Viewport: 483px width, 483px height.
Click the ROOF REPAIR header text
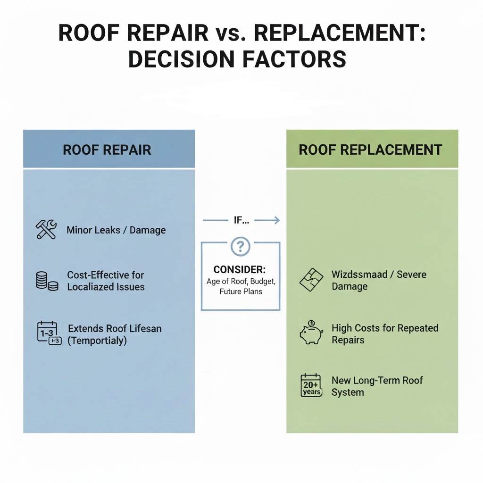pyautogui.click(x=107, y=150)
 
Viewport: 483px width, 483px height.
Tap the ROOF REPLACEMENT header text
pyautogui.click(x=371, y=150)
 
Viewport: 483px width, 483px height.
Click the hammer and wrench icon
pyautogui.click(x=46, y=230)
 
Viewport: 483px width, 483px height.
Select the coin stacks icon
pyautogui.click(x=47, y=281)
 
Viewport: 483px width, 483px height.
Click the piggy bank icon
pyautogui.click(x=311, y=333)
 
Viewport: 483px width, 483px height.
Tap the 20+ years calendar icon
pyautogui.click(x=310, y=385)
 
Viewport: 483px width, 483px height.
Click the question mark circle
pyautogui.click(x=240, y=246)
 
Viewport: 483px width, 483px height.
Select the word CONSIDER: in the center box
pyautogui.click(x=240, y=269)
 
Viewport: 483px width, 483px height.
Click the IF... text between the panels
pyautogui.click(x=241, y=220)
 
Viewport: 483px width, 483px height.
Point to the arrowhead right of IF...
pyautogui.click(x=276, y=220)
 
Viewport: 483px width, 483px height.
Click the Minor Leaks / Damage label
pyautogui.click(x=116, y=230)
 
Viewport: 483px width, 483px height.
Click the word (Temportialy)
pyautogui.click(x=98, y=341)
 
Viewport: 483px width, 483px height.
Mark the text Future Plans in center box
pyautogui.click(x=241, y=291)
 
